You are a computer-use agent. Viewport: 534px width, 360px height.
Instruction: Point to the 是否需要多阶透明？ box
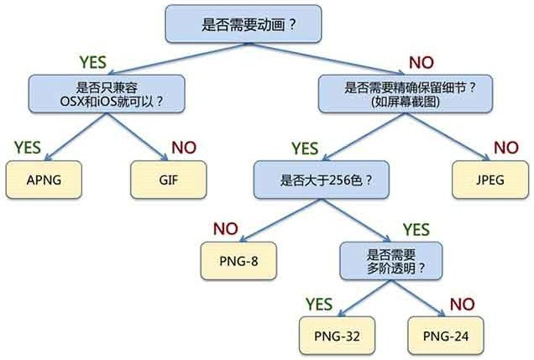point(390,261)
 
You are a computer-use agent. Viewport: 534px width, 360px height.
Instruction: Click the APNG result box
point(45,180)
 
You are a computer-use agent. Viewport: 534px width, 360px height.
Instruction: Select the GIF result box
point(169,180)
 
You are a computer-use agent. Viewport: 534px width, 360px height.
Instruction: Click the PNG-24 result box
point(444,335)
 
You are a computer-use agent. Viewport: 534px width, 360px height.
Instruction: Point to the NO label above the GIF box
point(184,147)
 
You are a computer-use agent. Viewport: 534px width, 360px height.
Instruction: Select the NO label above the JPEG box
point(505,148)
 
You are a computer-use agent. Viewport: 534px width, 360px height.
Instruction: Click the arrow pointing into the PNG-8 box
point(256,227)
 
